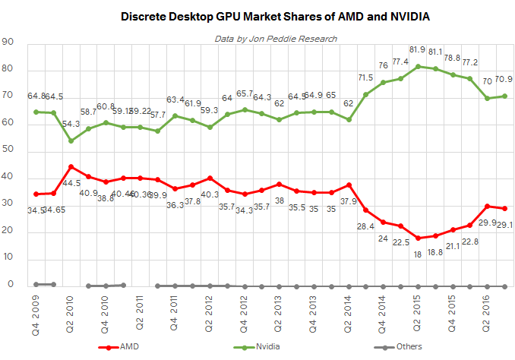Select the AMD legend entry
[125, 347]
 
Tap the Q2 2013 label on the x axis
[276, 311]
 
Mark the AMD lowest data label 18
[417, 254]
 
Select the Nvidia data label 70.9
[503, 78]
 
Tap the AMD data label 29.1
[504, 224]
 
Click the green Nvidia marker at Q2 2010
[71, 141]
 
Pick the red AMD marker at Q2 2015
[417, 238]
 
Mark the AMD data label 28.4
[365, 226]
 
